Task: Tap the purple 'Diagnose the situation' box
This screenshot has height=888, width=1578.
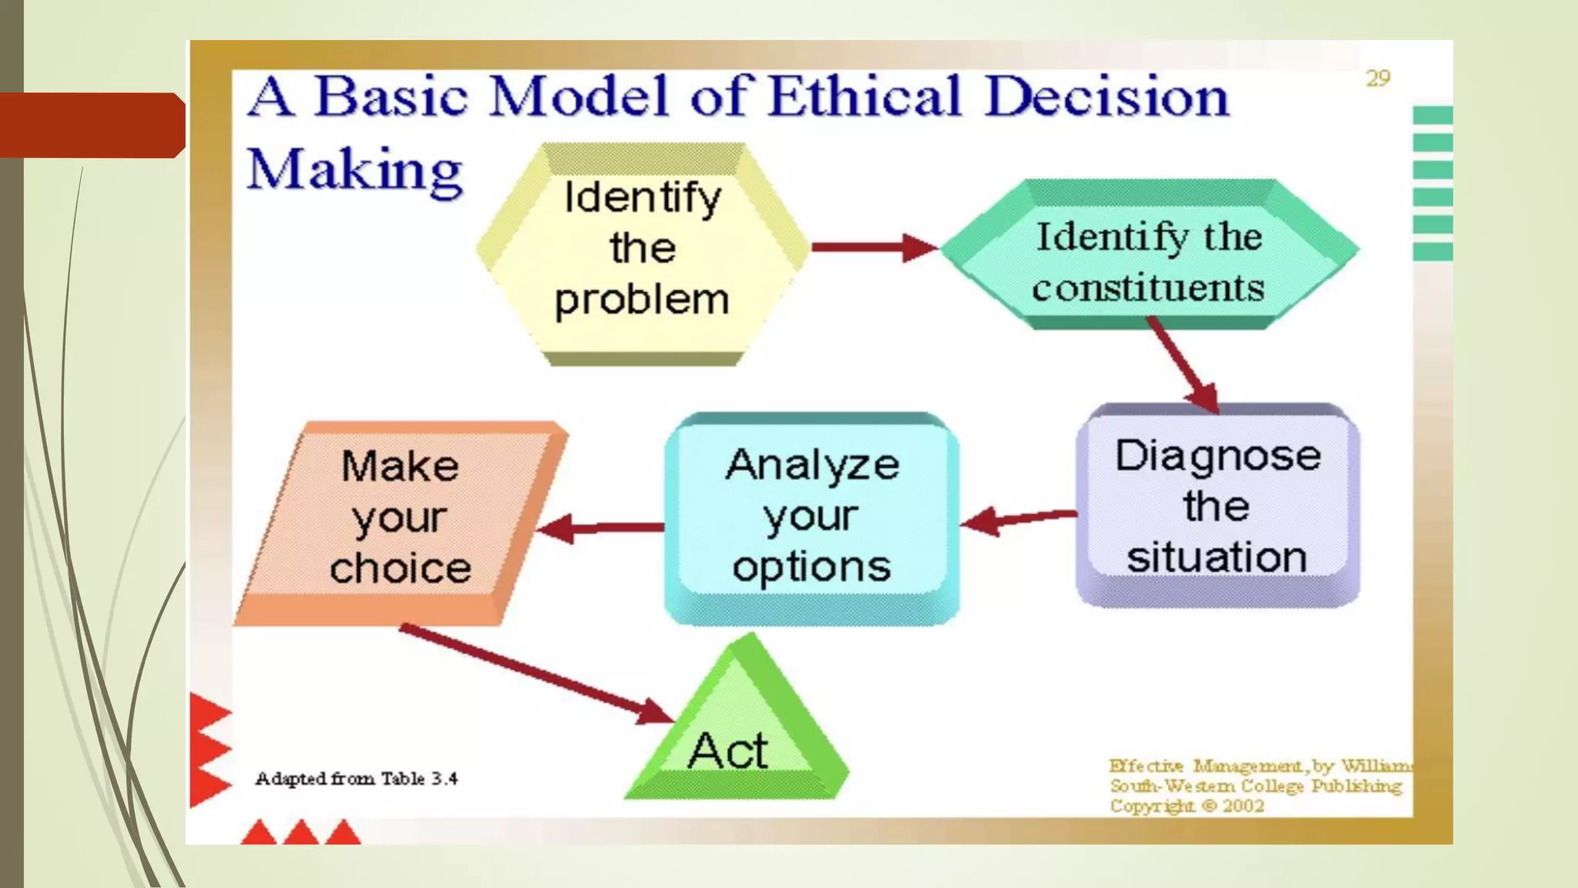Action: click(1217, 506)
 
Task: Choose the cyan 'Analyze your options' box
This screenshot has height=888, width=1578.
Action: click(811, 516)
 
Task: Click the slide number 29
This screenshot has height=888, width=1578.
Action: click(1378, 79)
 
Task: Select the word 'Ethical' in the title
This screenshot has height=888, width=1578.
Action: click(865, 97)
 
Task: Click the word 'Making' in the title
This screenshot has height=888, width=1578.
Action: click(354, 170)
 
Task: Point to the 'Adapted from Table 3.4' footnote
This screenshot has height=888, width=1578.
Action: click(356, 779)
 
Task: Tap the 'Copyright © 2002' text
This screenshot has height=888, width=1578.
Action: click(1187, 806)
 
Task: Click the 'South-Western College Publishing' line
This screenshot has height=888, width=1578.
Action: click(1256, 786)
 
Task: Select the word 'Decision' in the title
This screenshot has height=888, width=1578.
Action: click(1106, 97)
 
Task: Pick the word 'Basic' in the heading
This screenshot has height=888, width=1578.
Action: click(391, 97)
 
